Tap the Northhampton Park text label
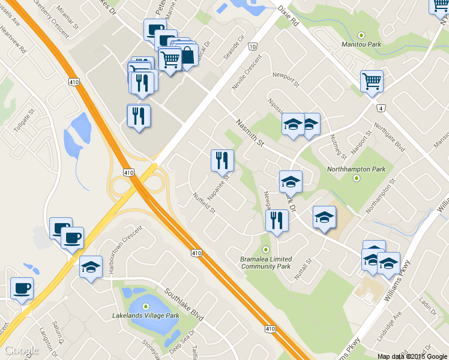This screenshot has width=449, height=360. click(356, 169)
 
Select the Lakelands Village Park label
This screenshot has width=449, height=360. click(146, 315)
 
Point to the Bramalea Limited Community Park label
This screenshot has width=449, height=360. click(265, 262)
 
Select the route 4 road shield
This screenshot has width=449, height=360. click(381, 108)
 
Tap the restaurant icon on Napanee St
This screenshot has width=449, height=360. click(222, 160)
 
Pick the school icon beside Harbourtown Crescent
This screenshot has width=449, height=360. click(91, 266)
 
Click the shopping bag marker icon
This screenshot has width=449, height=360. click(187, 55)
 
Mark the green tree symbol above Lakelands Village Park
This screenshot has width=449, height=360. click(145, 307)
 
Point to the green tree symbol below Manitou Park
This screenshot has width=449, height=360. click(361, 35)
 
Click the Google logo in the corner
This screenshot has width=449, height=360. click(22, 350)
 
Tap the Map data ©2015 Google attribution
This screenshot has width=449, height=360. click(412, 356)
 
